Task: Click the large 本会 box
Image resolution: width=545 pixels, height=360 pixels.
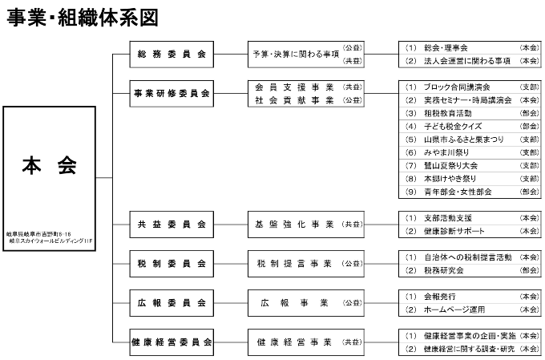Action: [x=49, y=176]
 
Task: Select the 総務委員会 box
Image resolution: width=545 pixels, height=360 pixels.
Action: [x=172, y=55]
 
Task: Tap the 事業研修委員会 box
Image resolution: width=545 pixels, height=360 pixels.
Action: [x=172, y=94]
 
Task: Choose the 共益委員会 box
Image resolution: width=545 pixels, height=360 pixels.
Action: [x=172, y=224]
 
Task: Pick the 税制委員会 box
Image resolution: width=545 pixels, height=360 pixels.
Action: [x=172, y=263]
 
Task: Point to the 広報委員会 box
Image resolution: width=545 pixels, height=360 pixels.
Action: [x=172, y=302]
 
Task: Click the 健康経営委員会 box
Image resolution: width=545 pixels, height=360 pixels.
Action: [x=172, y=342]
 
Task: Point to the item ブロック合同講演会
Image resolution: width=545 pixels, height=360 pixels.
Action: [x=457, y=87]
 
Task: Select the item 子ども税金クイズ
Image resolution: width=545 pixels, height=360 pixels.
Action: [x=453, y=126]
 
